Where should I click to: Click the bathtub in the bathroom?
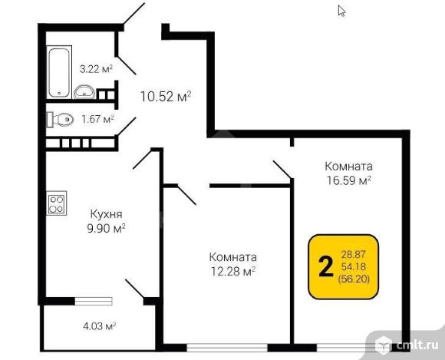point(58,72)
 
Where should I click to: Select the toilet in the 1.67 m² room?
point(60,119)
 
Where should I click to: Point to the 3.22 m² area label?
point(97,69)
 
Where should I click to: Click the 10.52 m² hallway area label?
point(165,97)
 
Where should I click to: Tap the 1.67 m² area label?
point(98,119)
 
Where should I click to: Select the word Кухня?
point(107,214)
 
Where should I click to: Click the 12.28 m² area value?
point(232,270)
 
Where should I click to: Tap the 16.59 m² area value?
point(348,180)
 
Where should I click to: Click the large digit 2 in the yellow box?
point(325,266)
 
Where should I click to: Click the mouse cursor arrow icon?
point(341,11)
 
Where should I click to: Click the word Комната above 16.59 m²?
point(348,166)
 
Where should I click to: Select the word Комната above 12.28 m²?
point(232,256)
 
